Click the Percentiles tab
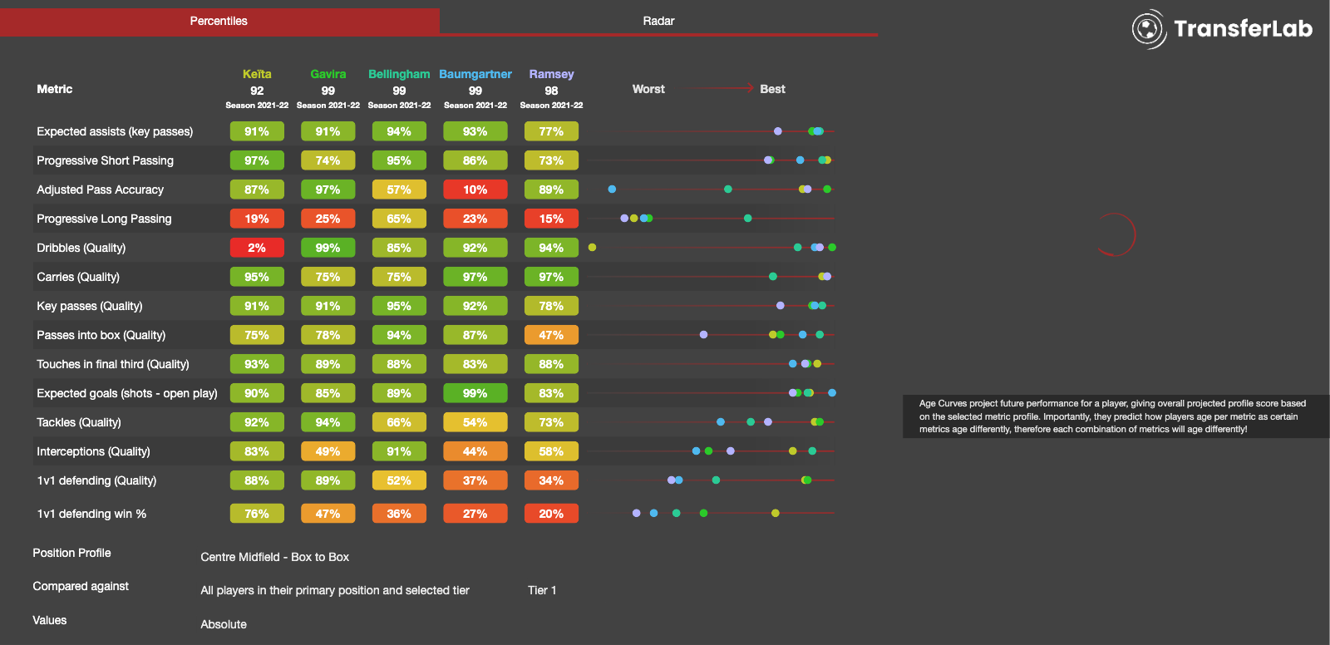pos(219,21)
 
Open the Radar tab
pos(658,21)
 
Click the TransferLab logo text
pos(1242,29)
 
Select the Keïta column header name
pos(257,74)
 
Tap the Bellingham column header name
pos(399,74)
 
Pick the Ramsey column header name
pos(551,74)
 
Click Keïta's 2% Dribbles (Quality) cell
pos(257,248)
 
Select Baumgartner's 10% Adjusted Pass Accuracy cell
pos(475,190)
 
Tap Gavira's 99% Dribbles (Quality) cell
pos(328,248)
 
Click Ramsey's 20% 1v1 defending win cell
pos(551,514)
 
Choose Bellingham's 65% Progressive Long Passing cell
pos(399,219)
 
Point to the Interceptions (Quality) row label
pos(93,451)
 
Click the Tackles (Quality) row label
pos(79,422)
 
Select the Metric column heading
pos(55,89)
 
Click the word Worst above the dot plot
pos(648,89)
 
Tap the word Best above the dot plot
pos(772,89)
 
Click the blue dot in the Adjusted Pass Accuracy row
pos(612,190)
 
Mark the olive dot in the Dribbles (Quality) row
pos(592,248)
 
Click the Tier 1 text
pos(542,590)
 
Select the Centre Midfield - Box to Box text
pos(274,557)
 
